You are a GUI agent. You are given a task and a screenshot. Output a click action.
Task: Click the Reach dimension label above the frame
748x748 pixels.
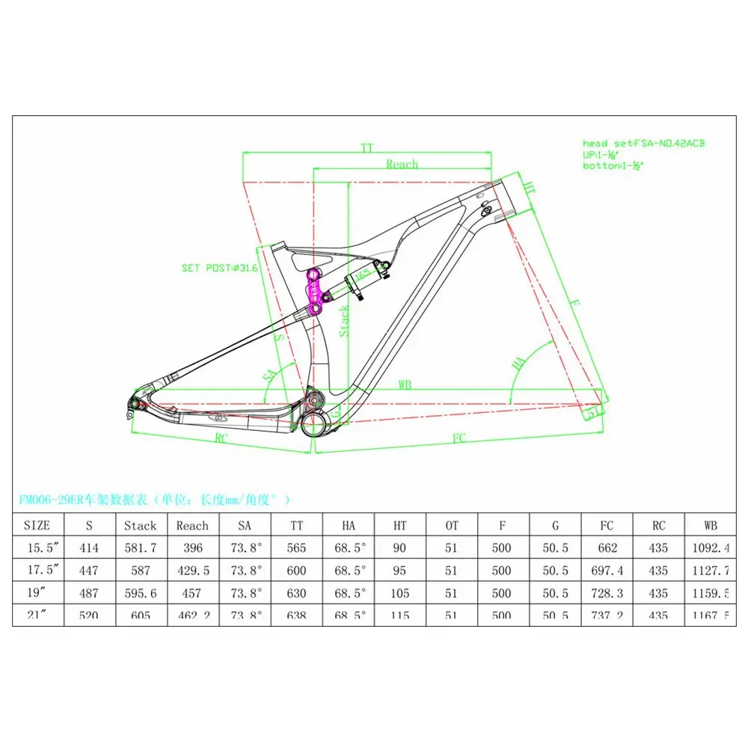click(402, 164)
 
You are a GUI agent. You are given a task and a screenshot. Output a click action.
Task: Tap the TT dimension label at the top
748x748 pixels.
click(366, 148)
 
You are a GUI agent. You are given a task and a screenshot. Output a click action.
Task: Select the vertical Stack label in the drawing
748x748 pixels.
click(344, 320)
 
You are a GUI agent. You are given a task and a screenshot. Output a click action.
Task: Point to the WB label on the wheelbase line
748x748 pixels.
click(405, 384)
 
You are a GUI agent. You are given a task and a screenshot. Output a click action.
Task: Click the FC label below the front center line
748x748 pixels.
click(459, 438)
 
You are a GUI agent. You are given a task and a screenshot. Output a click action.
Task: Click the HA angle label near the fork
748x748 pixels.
click(517, 364)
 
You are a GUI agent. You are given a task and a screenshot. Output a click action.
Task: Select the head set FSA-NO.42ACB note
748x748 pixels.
click(643, 143)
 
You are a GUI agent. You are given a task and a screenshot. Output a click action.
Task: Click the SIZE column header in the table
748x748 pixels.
click(37, 525)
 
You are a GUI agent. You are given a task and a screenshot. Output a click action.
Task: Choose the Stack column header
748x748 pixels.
click(140, 525)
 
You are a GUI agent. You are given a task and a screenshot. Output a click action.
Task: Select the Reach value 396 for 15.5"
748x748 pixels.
click(192, 548)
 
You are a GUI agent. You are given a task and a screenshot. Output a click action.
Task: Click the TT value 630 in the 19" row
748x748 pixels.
click(296, 593)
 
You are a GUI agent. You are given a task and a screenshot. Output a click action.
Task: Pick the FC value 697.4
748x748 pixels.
click(607, 571)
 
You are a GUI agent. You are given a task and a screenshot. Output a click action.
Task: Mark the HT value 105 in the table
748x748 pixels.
click(399, 593)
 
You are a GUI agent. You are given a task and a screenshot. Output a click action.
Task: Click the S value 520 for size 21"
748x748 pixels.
click(89, 615)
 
